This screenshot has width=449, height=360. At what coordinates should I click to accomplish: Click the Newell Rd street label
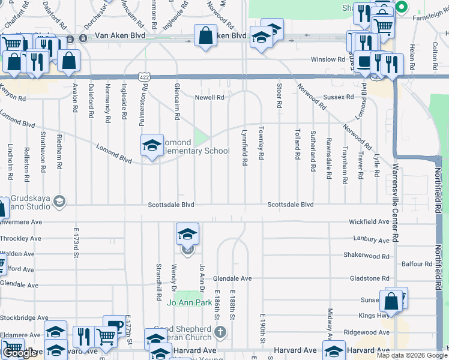[209, 97]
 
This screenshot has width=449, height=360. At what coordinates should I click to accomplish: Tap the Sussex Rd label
[339, 97]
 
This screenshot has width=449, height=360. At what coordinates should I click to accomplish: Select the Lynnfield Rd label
[244, 147]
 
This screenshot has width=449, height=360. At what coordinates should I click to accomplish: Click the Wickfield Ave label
[369, 222]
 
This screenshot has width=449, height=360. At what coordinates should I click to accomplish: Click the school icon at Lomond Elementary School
[152, 145]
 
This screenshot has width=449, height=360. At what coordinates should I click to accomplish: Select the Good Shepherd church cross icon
[221, 331]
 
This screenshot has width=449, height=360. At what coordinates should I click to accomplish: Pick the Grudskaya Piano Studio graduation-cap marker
[59, 201]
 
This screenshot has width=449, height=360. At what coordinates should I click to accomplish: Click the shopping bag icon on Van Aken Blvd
[205, 35]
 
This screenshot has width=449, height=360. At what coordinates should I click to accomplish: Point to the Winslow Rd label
[327, 59]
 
